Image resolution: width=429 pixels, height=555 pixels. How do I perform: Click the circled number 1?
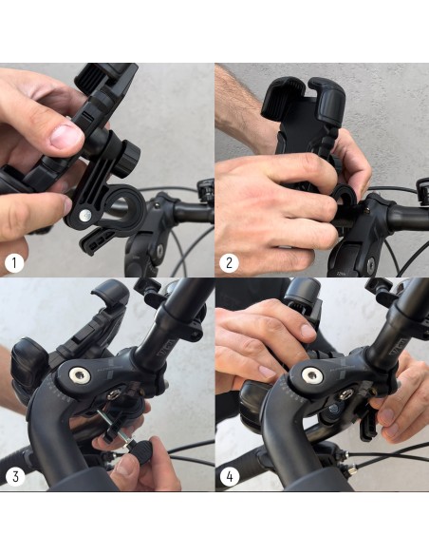pyautogui.click(x=14, y=263)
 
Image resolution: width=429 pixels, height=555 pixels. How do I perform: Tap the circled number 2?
pyautogui.click(x=229, y=263)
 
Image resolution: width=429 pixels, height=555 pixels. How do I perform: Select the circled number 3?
pyautogui.click(x=15, y=476)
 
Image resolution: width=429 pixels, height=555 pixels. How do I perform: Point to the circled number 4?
pyautogui.click(x=230, y=476)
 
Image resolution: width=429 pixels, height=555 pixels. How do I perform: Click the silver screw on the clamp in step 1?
pyautogui.click(x=84, y=215)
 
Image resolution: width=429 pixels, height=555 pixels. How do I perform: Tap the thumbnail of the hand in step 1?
pyautogui.click(x=66, y=136)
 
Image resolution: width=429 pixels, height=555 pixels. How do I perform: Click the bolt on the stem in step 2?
pyautogui.click(x=371, y=263)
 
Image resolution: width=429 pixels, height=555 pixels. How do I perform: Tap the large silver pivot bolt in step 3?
pyautogui.click(x=80, y=375)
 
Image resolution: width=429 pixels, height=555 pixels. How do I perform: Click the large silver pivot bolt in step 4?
pyautogui.click(x=311, y=375)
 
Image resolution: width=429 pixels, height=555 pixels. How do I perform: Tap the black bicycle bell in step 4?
pyautogui.click(x=303, y=297)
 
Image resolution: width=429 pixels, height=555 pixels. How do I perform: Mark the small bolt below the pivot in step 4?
pyautogui.click(x=345, y=394)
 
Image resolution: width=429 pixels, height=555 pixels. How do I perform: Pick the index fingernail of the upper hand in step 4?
pyautogui.click(x=308, y=332)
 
